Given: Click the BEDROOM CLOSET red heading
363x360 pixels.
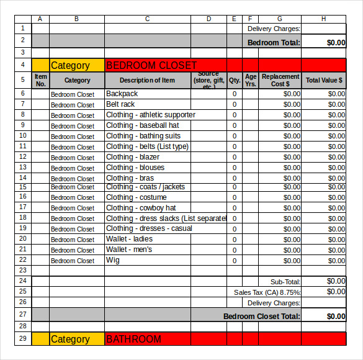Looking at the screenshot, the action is click(151, 65).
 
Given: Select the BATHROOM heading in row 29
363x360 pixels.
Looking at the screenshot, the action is click(134, 339).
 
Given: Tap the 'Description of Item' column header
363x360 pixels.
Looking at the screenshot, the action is click(147, 80).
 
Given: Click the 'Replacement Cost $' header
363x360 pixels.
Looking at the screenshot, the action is click(280, 80).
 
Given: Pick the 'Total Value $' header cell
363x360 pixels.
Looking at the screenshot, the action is click(324, 80).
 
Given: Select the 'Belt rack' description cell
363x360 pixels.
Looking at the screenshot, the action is click(120, 104).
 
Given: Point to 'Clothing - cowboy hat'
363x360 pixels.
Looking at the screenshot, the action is click(141, 208).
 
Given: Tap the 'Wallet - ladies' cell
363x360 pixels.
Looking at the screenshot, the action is click(129, 239).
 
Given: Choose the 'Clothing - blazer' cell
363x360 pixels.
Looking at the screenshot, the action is click(133, 157).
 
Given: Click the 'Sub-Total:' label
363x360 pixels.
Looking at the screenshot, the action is click(285, 281).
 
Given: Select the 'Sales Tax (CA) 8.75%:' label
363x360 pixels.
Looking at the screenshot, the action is click(267, 292).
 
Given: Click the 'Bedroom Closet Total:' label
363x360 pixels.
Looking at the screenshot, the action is click(262, 316).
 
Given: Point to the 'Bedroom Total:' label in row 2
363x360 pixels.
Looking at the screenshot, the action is click(274, 42).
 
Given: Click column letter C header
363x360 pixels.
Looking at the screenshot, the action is click(147, 19).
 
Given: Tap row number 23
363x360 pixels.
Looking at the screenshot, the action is click(23, 270).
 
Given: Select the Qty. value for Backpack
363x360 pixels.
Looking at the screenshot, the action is click(235, 94).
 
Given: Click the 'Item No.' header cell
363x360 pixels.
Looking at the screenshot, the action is click(40, 80).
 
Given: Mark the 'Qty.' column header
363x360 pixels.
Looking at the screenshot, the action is click(235, 80).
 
